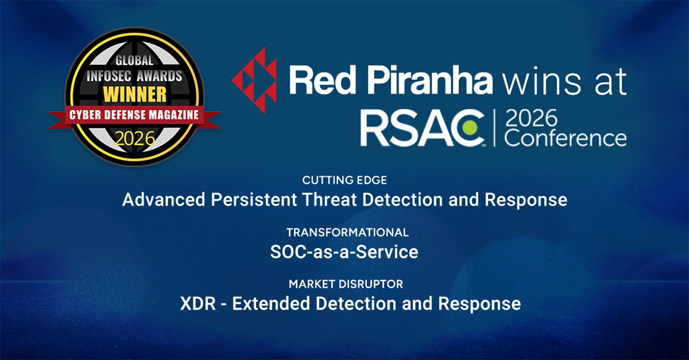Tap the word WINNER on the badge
135,94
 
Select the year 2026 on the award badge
135,138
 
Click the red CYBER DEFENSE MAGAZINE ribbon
135,115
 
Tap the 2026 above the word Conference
531,118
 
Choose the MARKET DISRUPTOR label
346,284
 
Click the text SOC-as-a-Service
344,252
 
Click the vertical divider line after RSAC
494,128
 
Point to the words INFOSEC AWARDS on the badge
135,76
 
